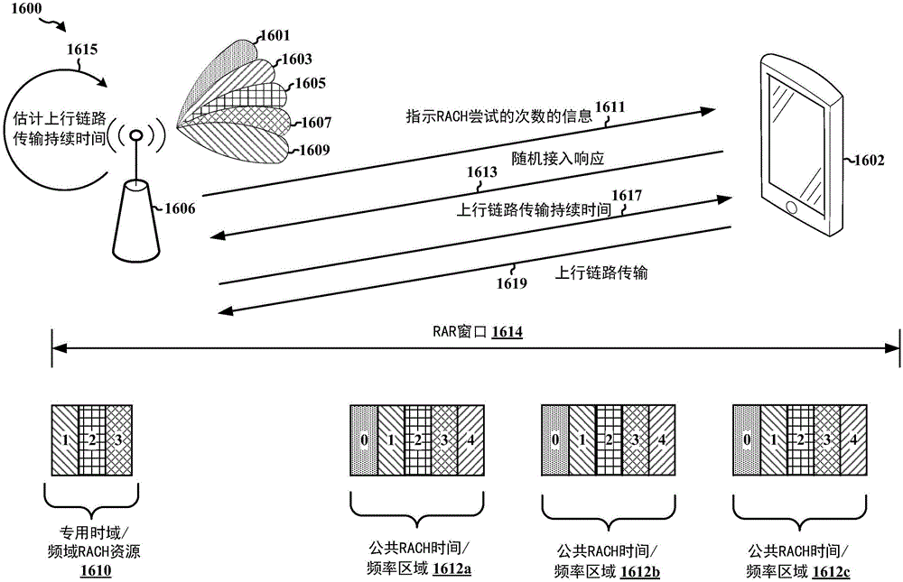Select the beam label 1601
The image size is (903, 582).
pos(275,36)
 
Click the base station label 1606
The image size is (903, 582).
pos(179,208)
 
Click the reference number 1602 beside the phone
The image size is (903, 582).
pos(871,162)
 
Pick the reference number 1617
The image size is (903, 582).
pos(627,195)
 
